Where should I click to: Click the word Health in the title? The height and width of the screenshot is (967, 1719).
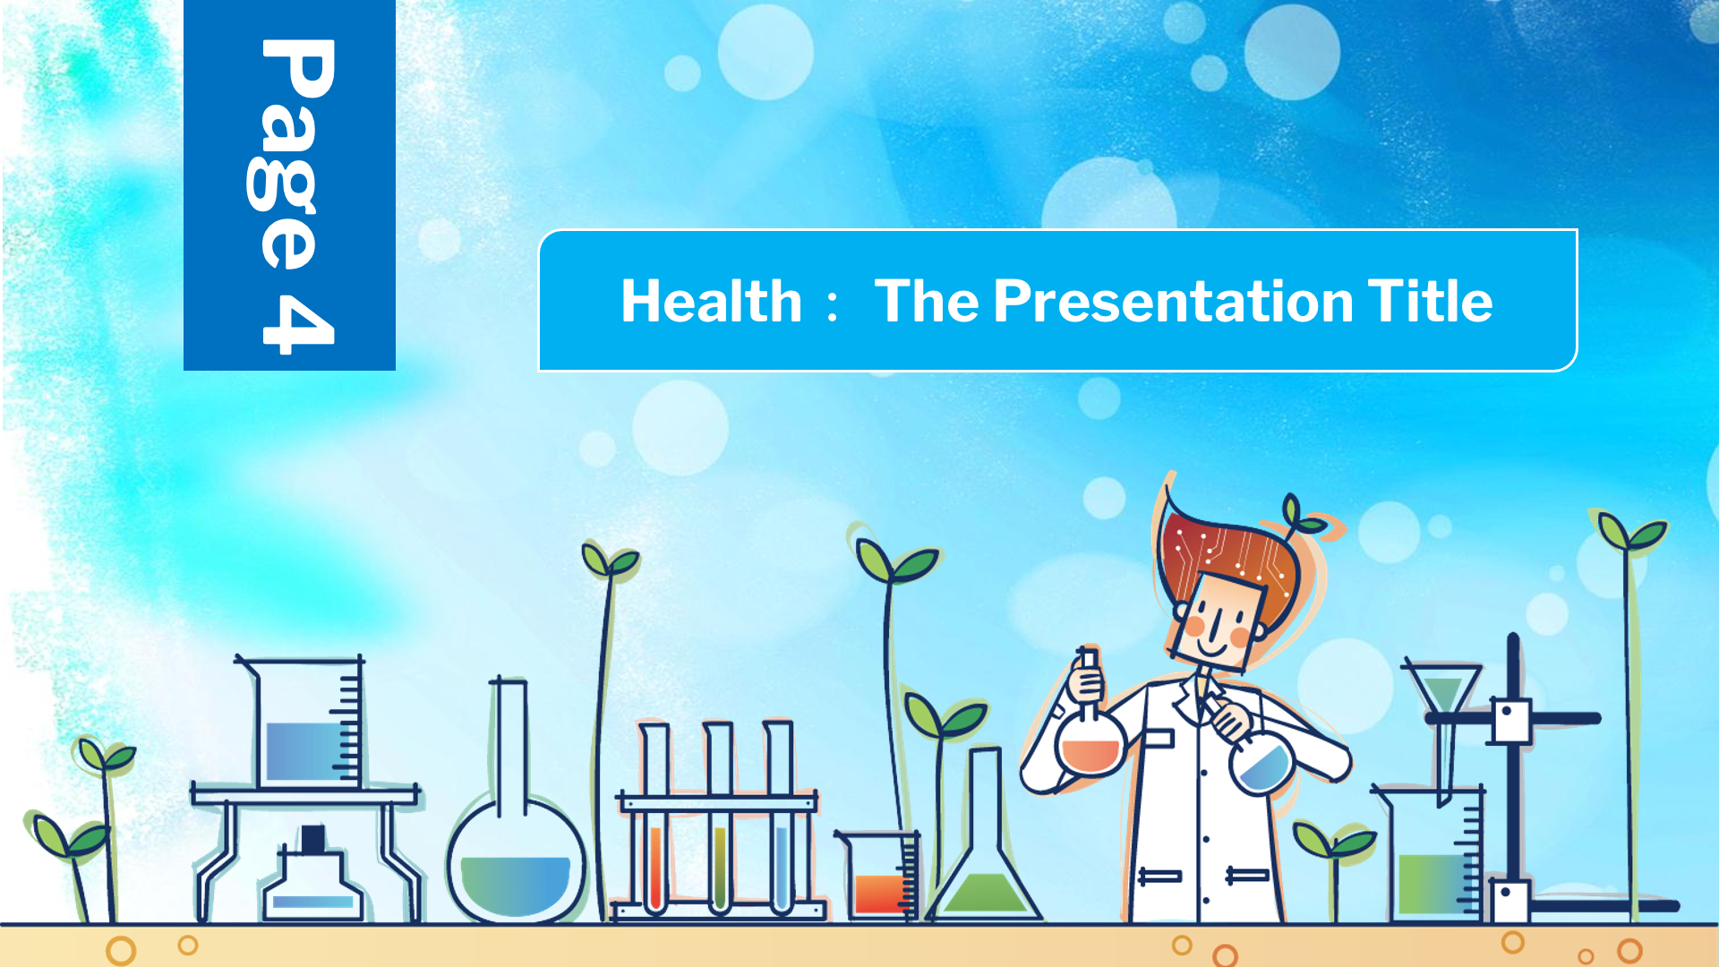point(712,301)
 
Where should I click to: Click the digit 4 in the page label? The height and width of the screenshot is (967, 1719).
point(298,324)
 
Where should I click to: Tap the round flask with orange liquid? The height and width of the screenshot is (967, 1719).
point(1090,733)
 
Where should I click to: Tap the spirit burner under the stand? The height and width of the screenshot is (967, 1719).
point(312,875)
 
